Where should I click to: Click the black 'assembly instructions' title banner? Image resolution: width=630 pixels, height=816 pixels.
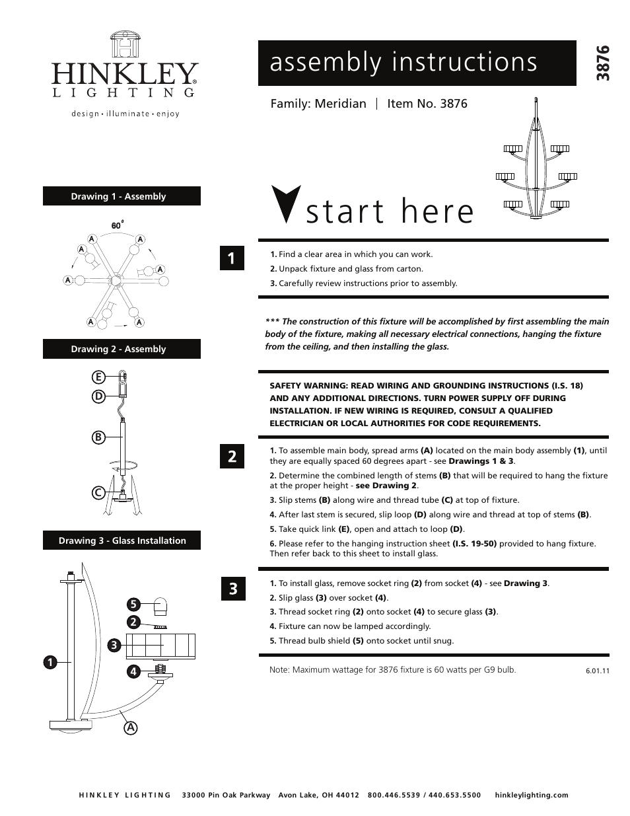click(417, 63)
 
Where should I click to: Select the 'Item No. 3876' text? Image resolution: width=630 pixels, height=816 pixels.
click(427, 104)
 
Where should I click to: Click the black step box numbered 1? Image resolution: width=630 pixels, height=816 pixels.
click(232, 258)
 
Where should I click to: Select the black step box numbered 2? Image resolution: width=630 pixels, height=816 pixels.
click(232, 456)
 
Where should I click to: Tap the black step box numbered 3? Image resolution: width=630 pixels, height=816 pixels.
click(232, 588)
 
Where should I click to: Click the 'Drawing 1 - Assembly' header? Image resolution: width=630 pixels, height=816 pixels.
click(122, 196)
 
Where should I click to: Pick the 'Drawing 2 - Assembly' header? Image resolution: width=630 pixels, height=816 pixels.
click(122, 349)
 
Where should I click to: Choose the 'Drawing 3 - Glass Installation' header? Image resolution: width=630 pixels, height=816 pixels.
click(122, 540)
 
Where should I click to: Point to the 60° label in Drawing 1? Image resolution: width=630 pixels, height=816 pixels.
click(118, 225)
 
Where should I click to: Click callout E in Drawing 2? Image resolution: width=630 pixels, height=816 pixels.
click(98, 377)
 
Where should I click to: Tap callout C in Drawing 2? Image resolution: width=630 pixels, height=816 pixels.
click(98, 493)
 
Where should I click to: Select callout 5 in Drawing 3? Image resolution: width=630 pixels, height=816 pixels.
click(133, 605)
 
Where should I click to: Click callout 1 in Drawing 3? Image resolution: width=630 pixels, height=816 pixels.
click(50, 661)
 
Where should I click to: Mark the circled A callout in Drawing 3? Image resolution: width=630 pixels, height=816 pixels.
click(131, 727)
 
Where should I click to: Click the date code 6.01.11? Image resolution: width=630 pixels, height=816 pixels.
click(597, 671)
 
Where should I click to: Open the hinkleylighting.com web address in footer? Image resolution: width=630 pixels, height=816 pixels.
click(531, 795)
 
